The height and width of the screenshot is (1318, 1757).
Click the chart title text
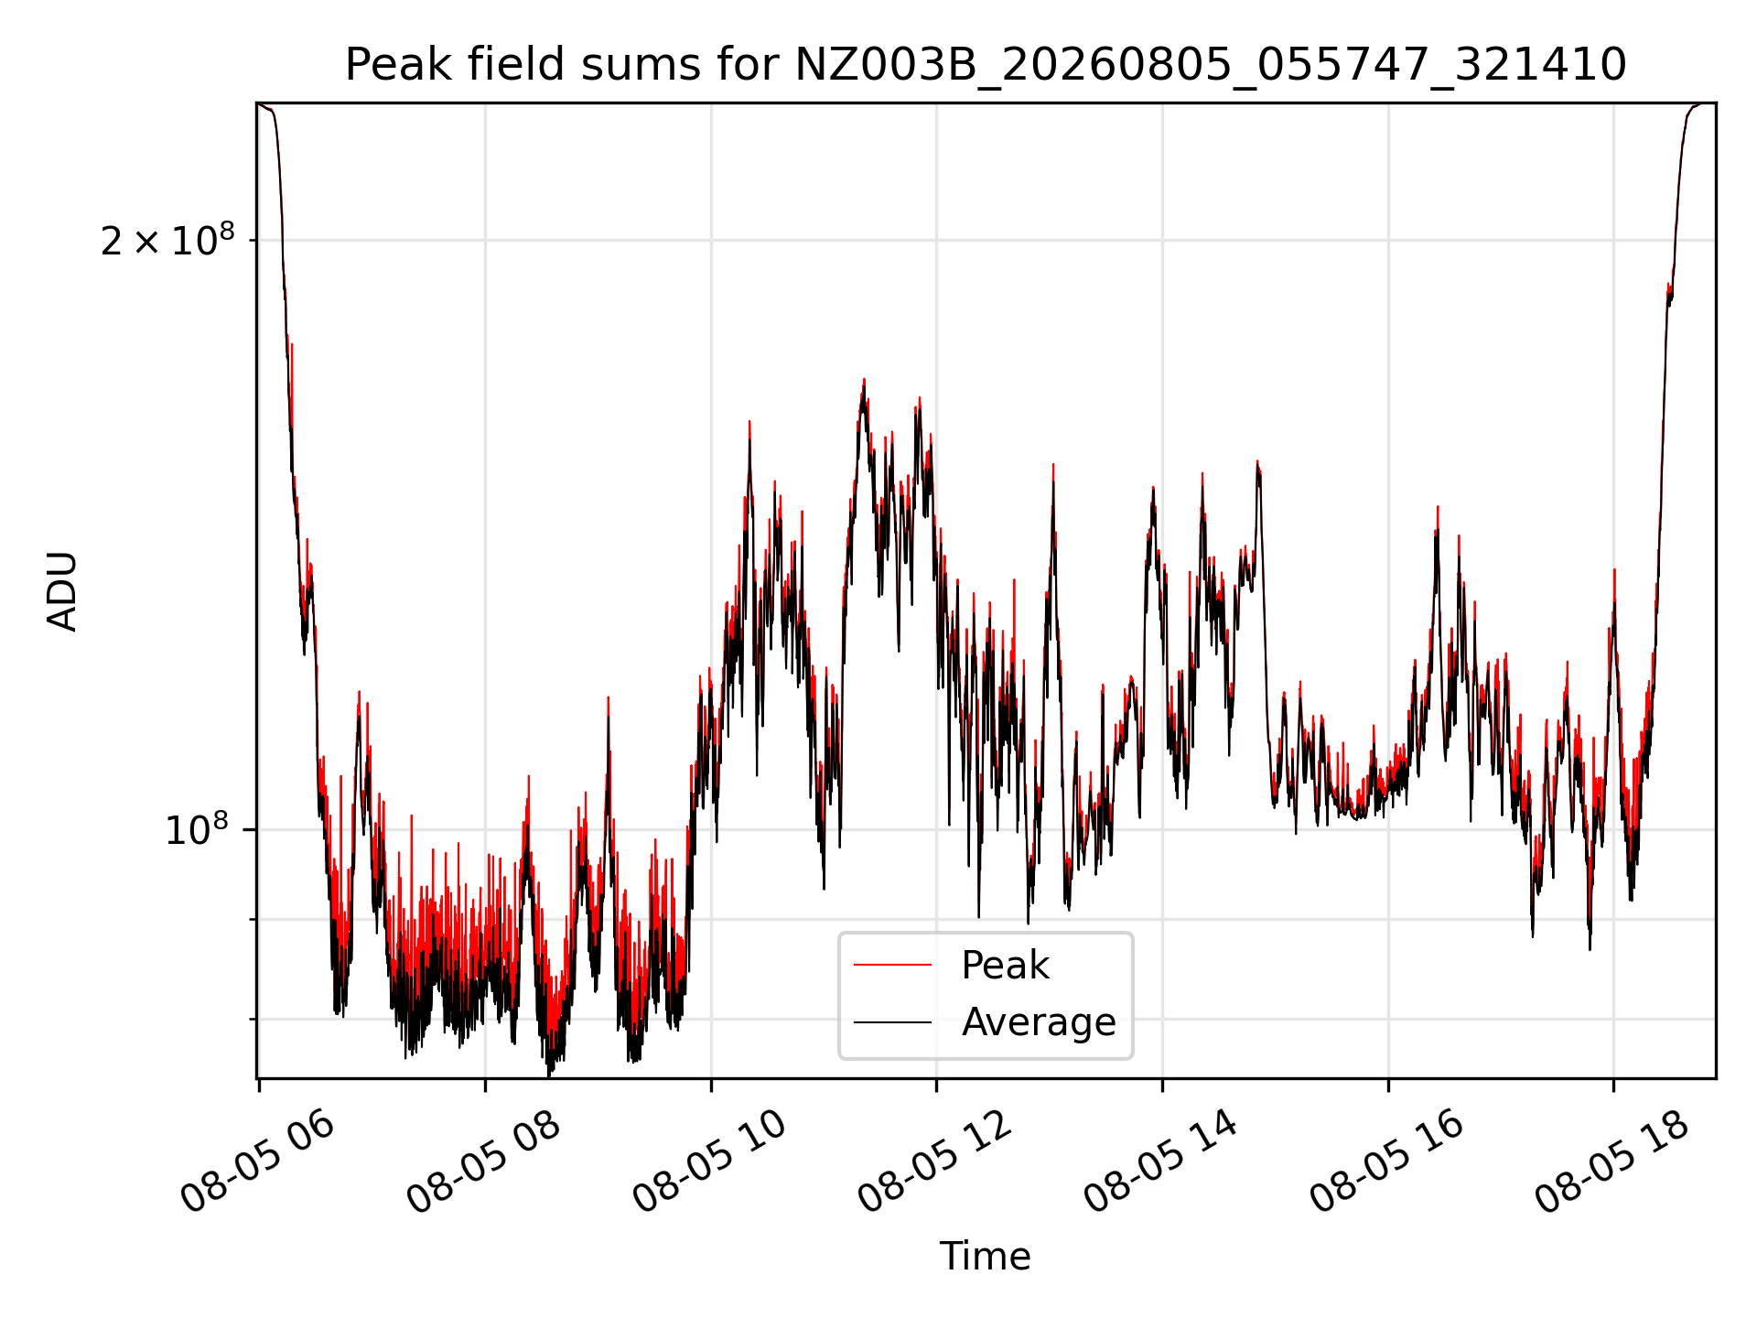coord(986,65)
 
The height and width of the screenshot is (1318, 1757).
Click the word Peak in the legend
coord(1005,966)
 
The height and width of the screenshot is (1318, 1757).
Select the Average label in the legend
coord(1039,1021)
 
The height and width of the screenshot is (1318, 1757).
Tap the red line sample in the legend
coord(892,965)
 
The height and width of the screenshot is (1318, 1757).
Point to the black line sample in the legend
coord(892,1021)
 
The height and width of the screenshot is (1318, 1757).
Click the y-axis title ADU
coord(62,590)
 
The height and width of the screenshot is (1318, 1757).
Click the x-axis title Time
coord(985,1257)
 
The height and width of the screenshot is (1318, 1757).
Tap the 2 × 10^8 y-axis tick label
coord(167,240)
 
